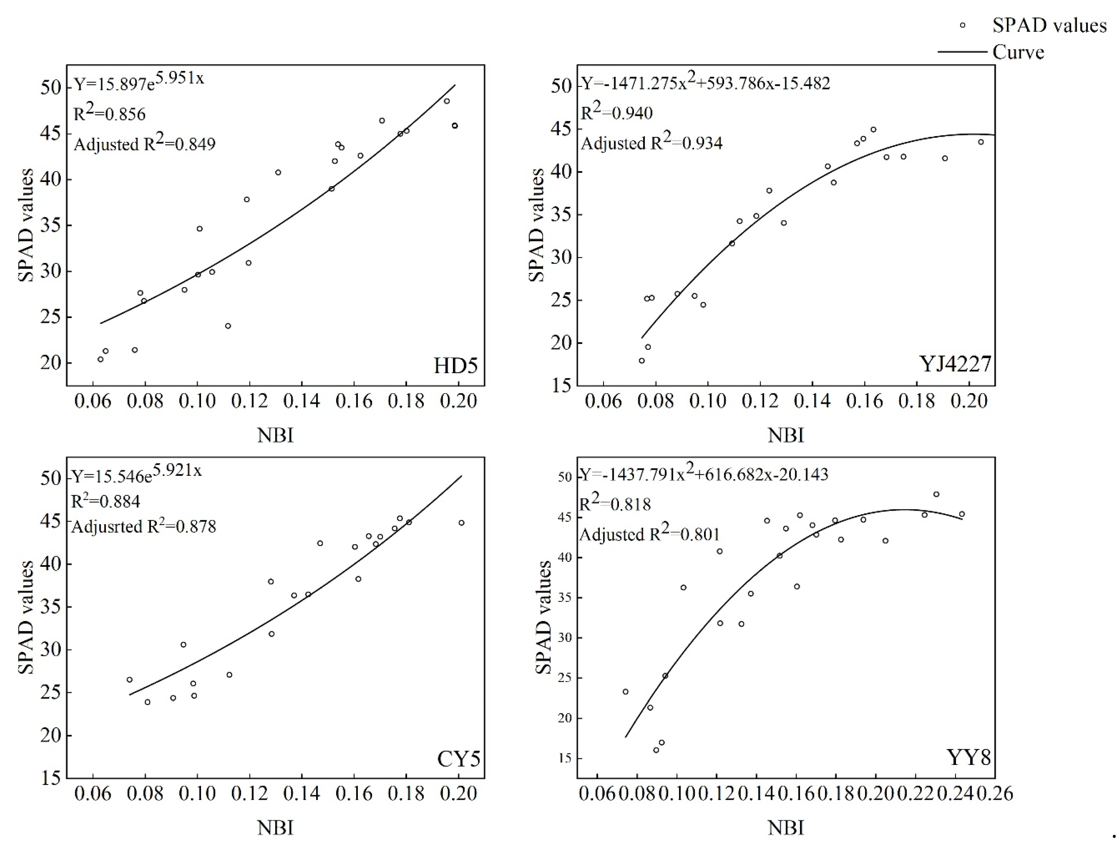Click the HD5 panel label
(x=455, y=366)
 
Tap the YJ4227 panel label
(x=955, y=364)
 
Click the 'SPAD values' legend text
(x=1049, y=25)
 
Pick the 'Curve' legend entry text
(x=1018, y=52)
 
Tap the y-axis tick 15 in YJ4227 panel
(x=561, y=386)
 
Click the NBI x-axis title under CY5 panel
(x=275, y=828)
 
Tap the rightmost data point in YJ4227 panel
(x=980, y=142)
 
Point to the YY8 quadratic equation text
(x=704, y=475)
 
